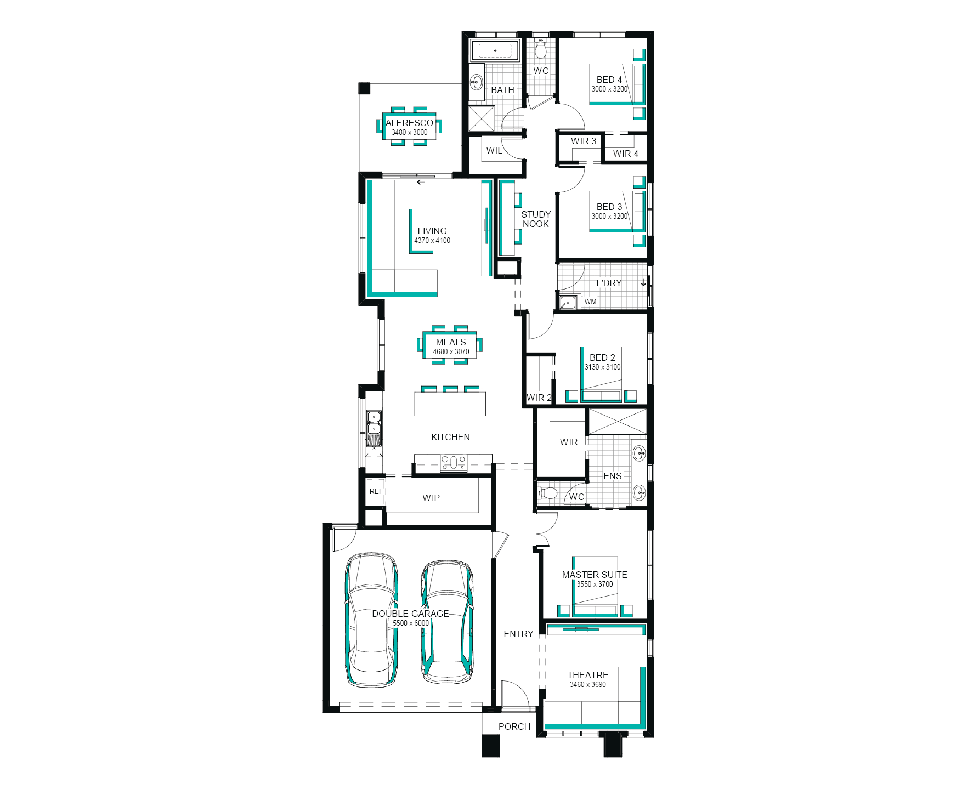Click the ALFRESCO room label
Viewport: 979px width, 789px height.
(x=409, y=123)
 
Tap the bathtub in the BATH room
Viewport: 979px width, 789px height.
(x=495, y=51)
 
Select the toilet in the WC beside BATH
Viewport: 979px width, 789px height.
(x=541, y=49)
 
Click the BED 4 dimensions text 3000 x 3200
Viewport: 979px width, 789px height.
(x=609, y=89)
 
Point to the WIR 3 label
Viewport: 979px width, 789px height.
(x=583, y=141)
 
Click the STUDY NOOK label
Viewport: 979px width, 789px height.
(x=536, y=219)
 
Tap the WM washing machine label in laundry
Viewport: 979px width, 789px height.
(x=590, y=302)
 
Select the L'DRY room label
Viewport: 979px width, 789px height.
(x=609, y=283)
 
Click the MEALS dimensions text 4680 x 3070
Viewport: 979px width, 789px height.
(x=451, y=351)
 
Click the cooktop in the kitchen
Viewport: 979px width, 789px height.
(x=454, y=463)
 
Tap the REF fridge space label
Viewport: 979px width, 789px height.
(x=376, y=491)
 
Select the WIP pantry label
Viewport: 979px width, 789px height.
(x=431, y=498)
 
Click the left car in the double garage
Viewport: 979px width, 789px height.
(x=371, y=620)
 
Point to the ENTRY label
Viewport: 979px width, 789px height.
(x=518, y=634)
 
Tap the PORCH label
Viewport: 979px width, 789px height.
(x=514, y=726)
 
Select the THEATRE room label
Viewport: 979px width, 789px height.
(x=587, y=675)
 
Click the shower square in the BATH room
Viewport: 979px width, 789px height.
(x=482, y=118)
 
